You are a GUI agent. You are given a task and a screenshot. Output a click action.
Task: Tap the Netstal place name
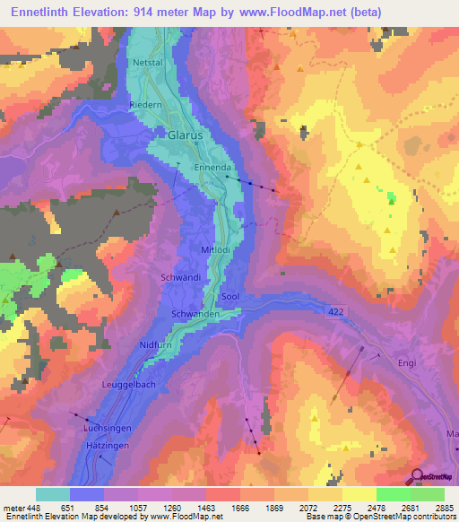point(149,65)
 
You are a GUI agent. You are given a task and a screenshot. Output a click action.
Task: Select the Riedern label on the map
point(144,104)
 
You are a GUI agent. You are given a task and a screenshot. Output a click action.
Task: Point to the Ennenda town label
point(212,168)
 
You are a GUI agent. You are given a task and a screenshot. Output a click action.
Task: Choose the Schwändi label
point(179,278)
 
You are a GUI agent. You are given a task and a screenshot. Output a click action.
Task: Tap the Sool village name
point(229,296)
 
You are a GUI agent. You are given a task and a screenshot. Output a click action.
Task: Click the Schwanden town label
point(195,314)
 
